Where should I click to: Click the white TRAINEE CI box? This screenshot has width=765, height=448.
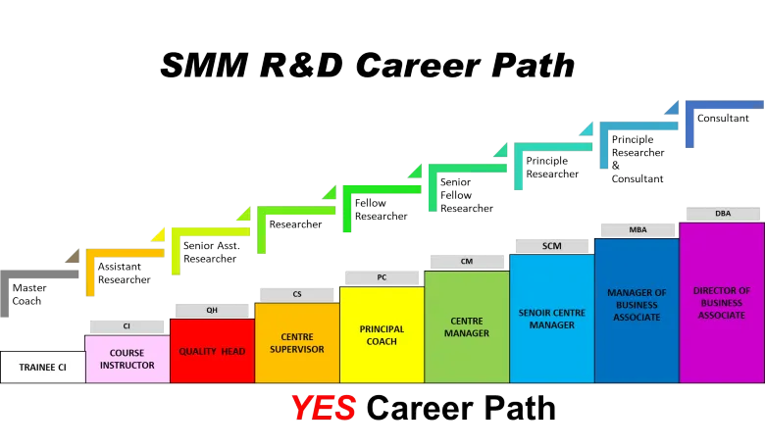(x=42, y=367)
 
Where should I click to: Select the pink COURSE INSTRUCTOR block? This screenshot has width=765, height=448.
(x=127, y=359)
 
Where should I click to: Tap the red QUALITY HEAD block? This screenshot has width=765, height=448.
(x=212, y=352)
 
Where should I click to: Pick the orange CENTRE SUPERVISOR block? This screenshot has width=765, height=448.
(x=297, y=343)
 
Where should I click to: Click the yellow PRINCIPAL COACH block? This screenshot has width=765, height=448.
(x=382, y=335)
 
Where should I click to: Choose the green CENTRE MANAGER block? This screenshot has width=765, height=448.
(x=467, y=326)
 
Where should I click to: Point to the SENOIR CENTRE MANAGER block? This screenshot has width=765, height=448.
(x=551, y=319)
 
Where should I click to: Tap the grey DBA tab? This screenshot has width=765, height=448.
(x=722, y=213)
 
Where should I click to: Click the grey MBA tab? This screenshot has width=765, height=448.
(x=637, y=229)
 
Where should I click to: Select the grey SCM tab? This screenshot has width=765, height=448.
(x=551, y=245)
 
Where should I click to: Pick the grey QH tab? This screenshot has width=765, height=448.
(x=212, y=310)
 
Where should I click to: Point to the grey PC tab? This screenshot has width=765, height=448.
(x=382, y=277)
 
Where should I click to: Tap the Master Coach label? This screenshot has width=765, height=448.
(x=29, y=294)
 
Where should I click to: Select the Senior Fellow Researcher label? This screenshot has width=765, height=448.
(x=466, y=195)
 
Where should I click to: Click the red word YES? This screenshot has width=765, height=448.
(x=323, y=408)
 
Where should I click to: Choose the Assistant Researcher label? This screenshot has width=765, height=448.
(x=124, y=273)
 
